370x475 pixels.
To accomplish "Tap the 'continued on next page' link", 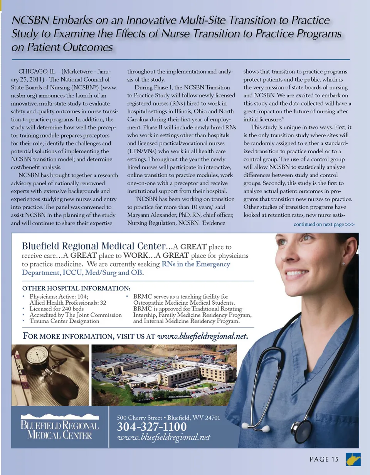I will pyautogui.click(x=324, y=224).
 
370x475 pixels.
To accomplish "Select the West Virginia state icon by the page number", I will pyautogui.click(x=353, y=459).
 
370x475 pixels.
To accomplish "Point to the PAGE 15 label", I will pyautogui.click(x=324, y=459).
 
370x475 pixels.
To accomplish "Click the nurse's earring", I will pyautogui.click(x=343, y=264).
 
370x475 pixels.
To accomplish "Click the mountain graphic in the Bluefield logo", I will pyautogui.click(x=60, y=417).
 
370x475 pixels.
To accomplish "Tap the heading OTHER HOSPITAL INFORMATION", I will pyautogui.click(x=76, y=288).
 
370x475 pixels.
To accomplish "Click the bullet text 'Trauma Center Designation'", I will pyautogui.click(x=64, y=321).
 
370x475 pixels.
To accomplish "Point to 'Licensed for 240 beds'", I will pyautogui.click(x=57, y=309).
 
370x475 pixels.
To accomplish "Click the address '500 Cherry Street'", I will pyautogui.click(x=140, y=418).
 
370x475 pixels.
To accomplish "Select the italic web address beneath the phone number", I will pyautogui.click(x=163, y=437).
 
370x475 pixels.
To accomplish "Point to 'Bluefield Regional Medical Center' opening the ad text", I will pyautogui.click(x=94, y=246).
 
